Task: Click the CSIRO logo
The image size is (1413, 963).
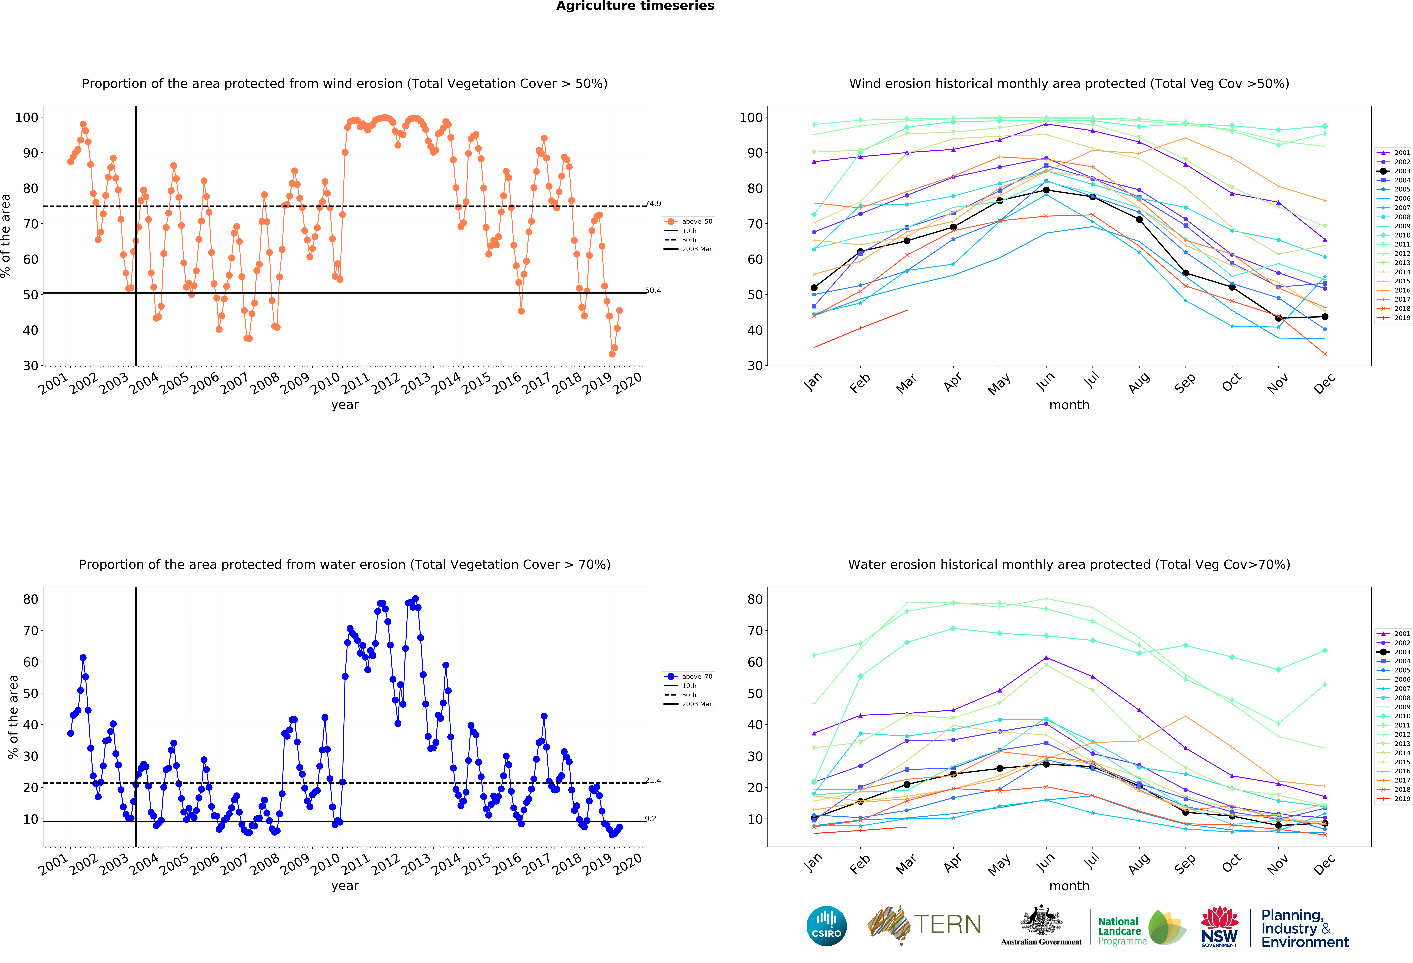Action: (826, 926)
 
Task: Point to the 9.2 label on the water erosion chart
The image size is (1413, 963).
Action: (650, 819)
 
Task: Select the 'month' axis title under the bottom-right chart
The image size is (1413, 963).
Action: (1069, 886)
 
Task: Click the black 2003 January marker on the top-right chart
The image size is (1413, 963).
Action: (814, 288)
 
